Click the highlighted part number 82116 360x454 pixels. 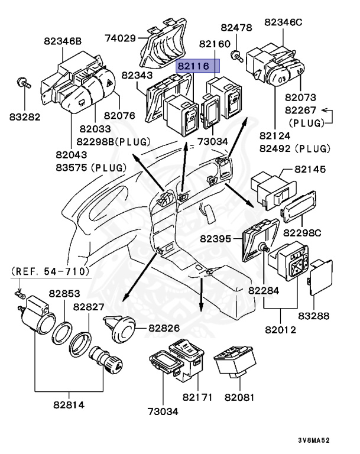click(x=198, y=66)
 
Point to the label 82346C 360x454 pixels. click(x=283, y=22)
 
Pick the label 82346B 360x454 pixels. click(x=63, y=41)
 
